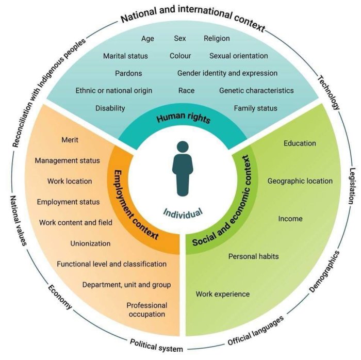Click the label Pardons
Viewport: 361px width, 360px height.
coord(128,73)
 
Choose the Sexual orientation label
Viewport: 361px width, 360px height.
coord(238,56)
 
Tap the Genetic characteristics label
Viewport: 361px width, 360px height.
coord(256,91)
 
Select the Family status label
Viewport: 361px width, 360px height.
coord(255,108)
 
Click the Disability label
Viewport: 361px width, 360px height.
coord(110,108)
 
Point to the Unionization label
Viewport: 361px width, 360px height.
coord(90,243)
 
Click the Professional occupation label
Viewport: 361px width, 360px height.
coord(147,309)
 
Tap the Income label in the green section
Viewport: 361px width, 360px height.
coord(290,219)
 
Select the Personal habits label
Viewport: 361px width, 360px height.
coord(254,256)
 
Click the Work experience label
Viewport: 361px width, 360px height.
coord(222,294)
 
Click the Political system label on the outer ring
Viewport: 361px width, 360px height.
coord(156,345)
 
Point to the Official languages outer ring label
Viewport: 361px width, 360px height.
coord(256,330)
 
